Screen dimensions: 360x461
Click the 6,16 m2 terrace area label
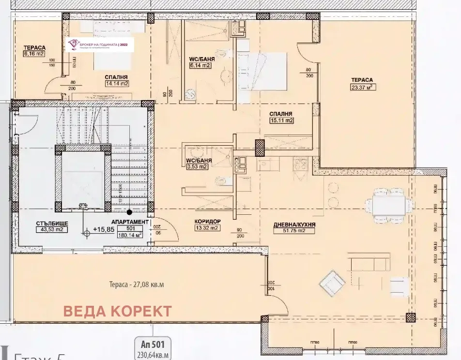34,54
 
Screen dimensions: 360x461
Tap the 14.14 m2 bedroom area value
116,83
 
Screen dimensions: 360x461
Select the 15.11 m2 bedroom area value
282,120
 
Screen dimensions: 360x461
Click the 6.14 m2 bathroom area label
201,69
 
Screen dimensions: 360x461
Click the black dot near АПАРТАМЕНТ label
129,211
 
